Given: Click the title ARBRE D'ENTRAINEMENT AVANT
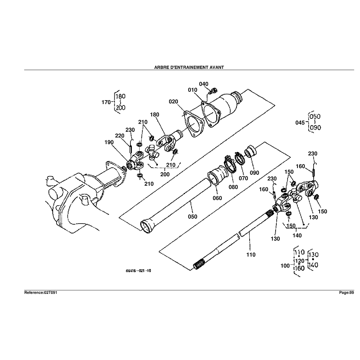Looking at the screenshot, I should pos(189,67).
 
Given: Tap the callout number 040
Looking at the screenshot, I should pos(204,84).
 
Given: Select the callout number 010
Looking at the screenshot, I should pos(192,90).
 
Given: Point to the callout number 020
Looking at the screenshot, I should pos(173,102).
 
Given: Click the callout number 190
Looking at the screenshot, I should pos(109,142).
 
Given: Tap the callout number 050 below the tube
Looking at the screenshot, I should pos(192,217).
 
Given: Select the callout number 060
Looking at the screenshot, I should pos(217,198).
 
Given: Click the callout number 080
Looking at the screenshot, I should pos(233,187).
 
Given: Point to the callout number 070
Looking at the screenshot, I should pos(243,178).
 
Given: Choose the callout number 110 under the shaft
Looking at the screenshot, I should pos(251,255).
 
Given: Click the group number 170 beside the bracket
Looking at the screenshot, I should pos(106,102).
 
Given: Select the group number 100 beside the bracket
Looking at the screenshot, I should pos(285,266).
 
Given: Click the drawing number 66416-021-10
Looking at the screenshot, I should pos(139,271).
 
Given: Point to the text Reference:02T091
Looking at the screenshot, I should pos(40,292).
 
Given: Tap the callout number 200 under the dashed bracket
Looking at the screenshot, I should pos(165,174).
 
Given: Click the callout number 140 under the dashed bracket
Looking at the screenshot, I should pos(297,235).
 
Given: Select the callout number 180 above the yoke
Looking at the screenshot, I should pos(155,115).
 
